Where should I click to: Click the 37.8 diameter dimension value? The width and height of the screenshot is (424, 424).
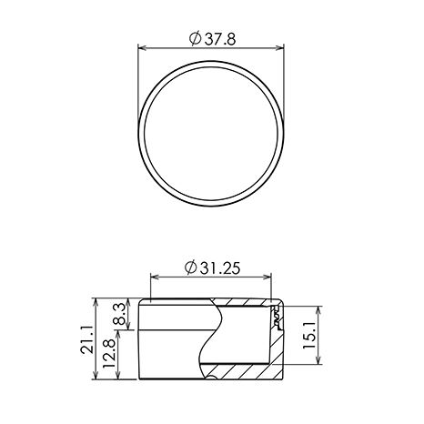point(220,38)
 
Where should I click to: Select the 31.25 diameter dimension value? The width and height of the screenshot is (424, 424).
point(219,268)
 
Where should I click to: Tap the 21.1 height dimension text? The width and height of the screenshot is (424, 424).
point(86,339)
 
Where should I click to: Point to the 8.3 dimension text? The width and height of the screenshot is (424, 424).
point(120,314)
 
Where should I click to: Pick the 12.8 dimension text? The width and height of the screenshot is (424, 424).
point(109,354)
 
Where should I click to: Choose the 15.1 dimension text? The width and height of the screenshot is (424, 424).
point(309,336)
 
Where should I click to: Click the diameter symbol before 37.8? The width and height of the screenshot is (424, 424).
point(196,38)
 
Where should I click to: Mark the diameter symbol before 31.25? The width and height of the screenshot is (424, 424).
point(191,268)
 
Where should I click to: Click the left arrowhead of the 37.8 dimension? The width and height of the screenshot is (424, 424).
point(143,47)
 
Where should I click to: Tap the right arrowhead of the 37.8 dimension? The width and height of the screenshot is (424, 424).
point(279,47)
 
